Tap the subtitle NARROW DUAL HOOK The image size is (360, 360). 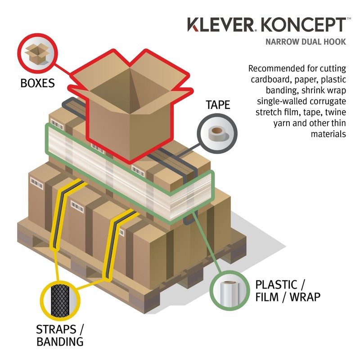(306, 42)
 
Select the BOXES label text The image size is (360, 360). (38, 83)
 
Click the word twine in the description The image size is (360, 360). (334, 112)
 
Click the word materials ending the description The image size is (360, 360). (328, 134)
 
